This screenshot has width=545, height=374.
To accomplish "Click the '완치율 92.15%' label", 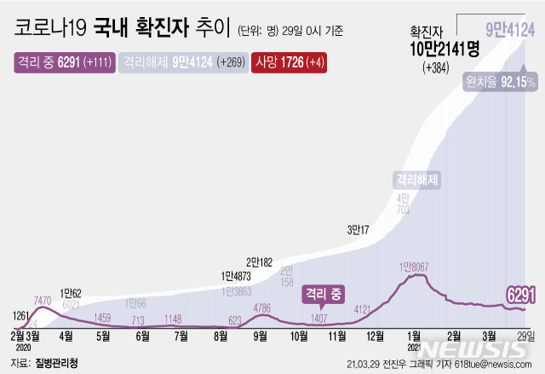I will click(500, 83).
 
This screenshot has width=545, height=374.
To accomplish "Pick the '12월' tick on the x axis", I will click(375, 337).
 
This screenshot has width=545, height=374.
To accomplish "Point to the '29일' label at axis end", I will click(525, 337).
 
